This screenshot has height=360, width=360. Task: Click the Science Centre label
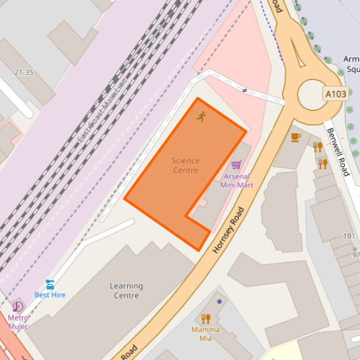pos(185,166)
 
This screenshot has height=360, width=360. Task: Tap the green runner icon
pos(201,117)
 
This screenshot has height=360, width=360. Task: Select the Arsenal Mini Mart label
pos(236,181)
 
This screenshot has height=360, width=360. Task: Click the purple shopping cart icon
pos(236,166)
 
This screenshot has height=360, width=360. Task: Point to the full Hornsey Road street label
pos(228,230)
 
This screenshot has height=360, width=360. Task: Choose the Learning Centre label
pos(126,291)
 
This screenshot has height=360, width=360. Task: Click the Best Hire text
pos(50,295)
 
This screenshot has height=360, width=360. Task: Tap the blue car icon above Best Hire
pos(50,284)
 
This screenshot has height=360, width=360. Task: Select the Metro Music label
pos(18,322)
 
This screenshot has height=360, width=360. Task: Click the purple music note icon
pos(18,306)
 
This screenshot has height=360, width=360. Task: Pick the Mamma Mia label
pos(206,334)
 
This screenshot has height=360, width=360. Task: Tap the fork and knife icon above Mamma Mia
pos(206,319)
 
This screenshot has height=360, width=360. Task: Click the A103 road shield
pos(336,94)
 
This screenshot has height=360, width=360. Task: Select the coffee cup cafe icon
pos(296,137)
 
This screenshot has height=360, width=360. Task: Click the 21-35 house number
pos(24,72)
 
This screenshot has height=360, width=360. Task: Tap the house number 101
pos(349,236)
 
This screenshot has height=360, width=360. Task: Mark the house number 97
pos(356,255)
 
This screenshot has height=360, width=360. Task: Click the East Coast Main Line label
pos(102,113)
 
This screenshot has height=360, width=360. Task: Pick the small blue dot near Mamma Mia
pos(219,302)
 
